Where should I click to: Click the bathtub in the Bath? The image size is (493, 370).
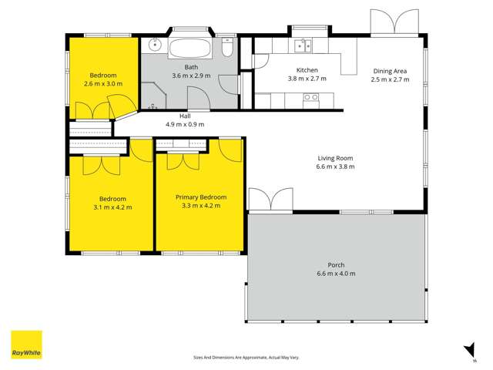point(190,48)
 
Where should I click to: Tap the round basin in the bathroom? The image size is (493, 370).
point(155,45)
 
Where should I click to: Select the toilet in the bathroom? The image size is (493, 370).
point(227,47)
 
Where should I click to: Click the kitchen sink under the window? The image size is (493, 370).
point(303,45)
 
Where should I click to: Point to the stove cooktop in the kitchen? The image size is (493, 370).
point(310,101)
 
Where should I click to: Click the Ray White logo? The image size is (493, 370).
point(26,345)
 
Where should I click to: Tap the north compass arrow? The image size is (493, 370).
point(470,351)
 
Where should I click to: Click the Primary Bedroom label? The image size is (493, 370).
point(201,197)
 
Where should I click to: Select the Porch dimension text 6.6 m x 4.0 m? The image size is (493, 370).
point(336,274)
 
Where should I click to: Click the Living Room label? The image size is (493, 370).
point(335,158)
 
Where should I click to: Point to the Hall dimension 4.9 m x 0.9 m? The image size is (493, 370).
point(185,124)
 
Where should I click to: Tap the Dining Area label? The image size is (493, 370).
point(390,71)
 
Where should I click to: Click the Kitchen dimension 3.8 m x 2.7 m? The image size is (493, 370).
point(307,79)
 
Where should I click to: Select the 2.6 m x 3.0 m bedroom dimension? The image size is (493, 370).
point(103,84)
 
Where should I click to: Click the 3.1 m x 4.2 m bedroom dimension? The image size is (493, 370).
point(112,207)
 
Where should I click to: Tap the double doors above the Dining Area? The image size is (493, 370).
point(394,22)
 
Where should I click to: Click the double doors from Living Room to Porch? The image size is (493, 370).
point(270,200)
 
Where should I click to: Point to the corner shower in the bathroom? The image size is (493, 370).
point(153,96)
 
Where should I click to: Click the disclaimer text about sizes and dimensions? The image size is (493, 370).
point(246,358)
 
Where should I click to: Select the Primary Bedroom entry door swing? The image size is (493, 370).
point(230,150)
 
